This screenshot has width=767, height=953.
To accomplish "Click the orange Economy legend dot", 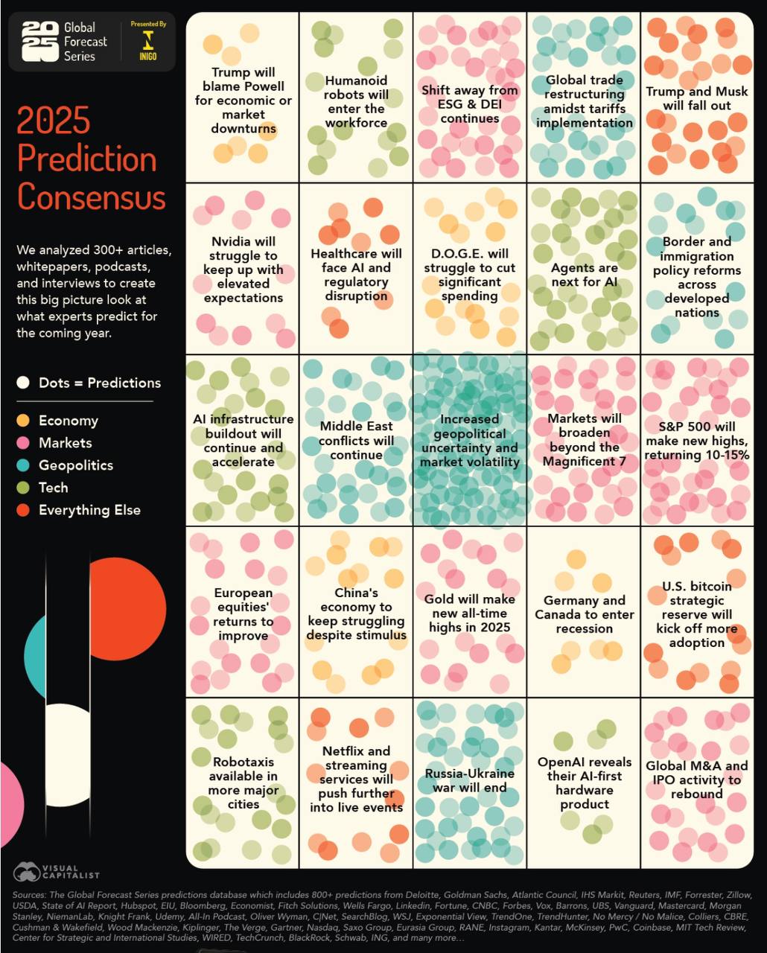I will pyautogui.click(x=23, y=421).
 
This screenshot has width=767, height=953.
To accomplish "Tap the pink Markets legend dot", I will pyautogui.click(x=23, y=443).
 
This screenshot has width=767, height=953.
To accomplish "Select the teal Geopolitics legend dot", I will pyautogui.click(x=23, y=465).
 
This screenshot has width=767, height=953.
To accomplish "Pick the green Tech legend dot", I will pyautogui.click(x=23, y=488).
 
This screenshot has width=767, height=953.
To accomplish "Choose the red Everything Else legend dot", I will pyautogui.click(x=23, y=510).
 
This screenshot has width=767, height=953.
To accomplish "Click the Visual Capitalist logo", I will pyautogui.click(x=56, y=871).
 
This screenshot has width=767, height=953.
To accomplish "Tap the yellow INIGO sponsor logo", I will pyautogui.click(x=148, y=43).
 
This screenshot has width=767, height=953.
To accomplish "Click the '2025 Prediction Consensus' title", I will pyautogui.click(x=91, y=159).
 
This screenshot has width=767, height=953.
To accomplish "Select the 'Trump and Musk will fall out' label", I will pyautogui.click(x=696, y=98).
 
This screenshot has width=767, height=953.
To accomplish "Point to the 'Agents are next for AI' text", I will pyautogui.click(x=584, y=275).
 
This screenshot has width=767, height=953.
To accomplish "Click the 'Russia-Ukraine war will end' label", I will pyautogui.click(x=469, y=780).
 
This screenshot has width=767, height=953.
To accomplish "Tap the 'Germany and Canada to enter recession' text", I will pyautogui.click(x=584, y=614).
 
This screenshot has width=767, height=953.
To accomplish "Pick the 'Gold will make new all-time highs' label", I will pyautogui.click(x=469, y=613).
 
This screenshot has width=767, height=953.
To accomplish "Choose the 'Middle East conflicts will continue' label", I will pyautogui.click(x=356, y=440).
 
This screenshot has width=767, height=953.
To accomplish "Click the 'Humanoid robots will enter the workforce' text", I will pyautogui.click(x=356, y=101).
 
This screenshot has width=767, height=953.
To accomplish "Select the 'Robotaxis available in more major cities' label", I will pyautogui.click(x=244, y=783).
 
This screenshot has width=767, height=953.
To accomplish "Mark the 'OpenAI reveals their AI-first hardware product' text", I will pyautogui.click(x=584, y=783).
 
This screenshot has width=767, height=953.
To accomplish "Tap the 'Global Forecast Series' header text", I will pyautogui.click(x=84, y=42).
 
